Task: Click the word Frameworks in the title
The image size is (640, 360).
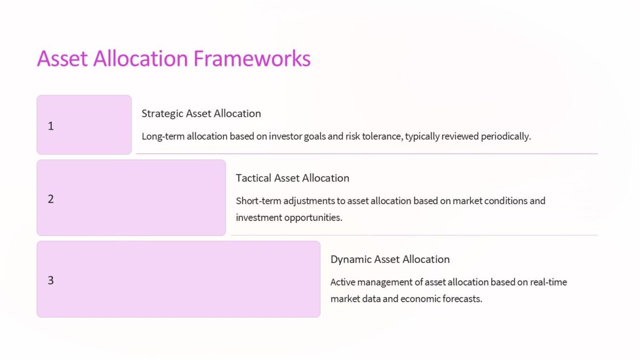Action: tap(252, 58)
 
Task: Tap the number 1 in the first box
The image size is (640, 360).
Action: tap(51, 126)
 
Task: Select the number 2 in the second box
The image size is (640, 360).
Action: tap(51, 199)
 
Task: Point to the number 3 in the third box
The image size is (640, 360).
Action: tap(51, 280)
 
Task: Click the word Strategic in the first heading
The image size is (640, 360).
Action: tap(162, 114)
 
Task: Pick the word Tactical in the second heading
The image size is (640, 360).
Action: tap(254, 178)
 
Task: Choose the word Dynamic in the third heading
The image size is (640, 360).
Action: tap(351, 259)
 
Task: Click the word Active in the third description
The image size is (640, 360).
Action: tap(342, 282)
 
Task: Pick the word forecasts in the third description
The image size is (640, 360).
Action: tap(462, 299)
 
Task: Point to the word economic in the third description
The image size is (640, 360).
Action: tap(420, 299)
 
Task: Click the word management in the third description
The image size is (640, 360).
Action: tap(383, 282)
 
